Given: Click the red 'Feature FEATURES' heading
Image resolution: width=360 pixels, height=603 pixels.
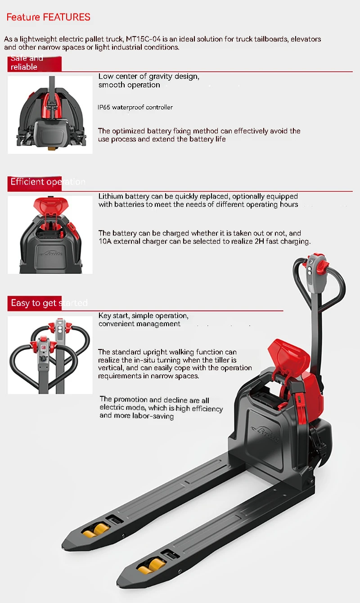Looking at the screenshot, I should pyautogui.click(x=48, y=18).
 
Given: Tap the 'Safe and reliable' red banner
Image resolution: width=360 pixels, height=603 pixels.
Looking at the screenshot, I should pyautogui.click(x=27, y=63).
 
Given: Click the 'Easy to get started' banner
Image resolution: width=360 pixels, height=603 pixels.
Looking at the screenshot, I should pyautogui.click(x=49, y=303).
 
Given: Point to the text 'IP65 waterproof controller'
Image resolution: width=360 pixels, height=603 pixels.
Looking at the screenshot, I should pyautogui.click(x=135, y=107).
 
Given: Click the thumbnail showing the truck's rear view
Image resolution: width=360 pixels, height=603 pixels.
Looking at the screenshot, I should pyautogui.click(x=50, y=115).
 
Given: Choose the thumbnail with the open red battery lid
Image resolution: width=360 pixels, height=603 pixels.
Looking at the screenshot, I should pyautogui.click(x=50, y=235).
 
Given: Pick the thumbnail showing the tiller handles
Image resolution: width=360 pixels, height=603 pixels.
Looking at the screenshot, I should pyautogui.click(x=50, y=355).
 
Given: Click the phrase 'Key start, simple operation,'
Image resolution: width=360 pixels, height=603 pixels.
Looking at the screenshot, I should pyautogui.click(x=143, y=316).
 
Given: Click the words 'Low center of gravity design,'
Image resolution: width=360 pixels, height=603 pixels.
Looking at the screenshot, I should pyautogui.click(x=148, y=77).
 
